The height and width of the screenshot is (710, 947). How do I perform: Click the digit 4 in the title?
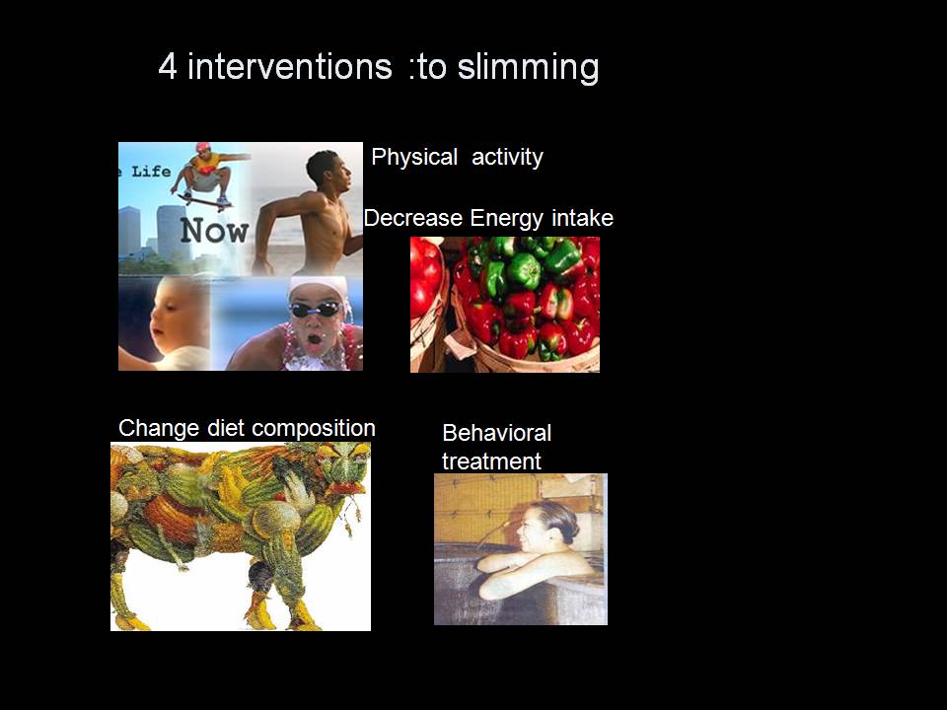[x=168, y=66]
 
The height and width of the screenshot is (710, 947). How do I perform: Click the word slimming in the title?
[x=528, y=68]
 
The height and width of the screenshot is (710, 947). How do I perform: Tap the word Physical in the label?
[x=414, y=158]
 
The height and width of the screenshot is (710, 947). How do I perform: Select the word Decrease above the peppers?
[x=413, y=218]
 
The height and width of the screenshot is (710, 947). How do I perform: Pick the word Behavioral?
[x=496, y=433]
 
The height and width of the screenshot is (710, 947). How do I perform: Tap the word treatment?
[x=491, y=461]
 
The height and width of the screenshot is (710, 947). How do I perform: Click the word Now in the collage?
[x=214, y=231]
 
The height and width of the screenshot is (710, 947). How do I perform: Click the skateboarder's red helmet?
[x=203, y=147]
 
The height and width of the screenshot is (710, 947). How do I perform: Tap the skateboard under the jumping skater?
[x=203, y=201]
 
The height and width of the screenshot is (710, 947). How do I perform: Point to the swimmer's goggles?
[x=315, y=310]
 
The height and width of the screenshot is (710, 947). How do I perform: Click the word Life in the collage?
[x=151, y=172]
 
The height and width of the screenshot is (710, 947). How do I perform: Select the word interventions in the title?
[x=290, y=66]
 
